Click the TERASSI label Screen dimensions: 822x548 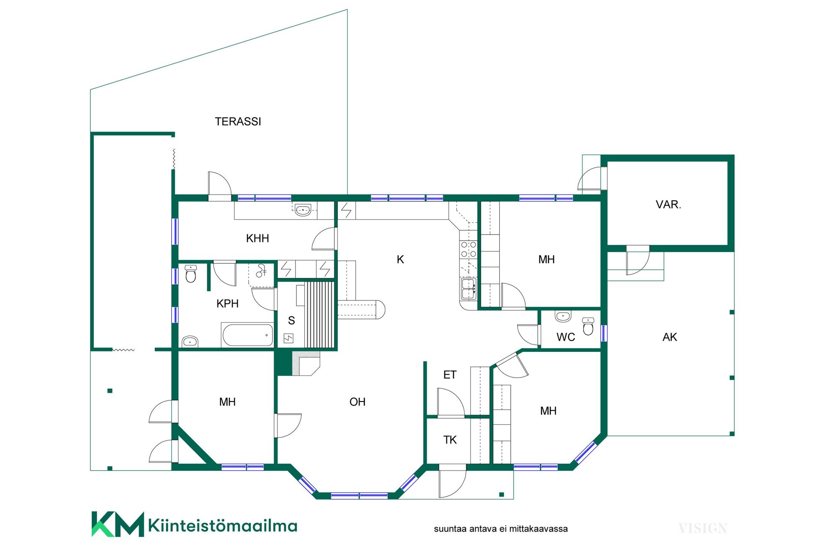pyautogui.click(x=238, y=122)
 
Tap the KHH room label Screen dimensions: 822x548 pyautogui.click(x=257, y=238)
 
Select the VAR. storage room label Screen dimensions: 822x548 pyautogui.click(x=668, y=205)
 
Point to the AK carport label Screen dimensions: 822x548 pyautogui.click(x=670, y=337)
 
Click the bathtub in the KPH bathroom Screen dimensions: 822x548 pyautogui.click(x=248, y=335)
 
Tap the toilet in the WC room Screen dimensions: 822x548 pyautogui.click(x=589, y=326)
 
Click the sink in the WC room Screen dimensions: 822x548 pyautogui.click(x=563, y=316)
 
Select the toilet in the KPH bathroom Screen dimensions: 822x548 pyautogui.click(x=191, y=274)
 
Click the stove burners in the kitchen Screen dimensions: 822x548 pyautogui.click(x=468, y=249)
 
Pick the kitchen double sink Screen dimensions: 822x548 pyautogui.click(x=468, y=289)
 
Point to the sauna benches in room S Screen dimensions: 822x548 pyautogui.click(x=319, y=314)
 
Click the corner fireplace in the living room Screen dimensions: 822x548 pyautogui.click(x=306, y=363)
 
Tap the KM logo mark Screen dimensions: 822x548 pyautogui.click(x=118, y=524)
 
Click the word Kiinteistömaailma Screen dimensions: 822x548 pyautogui.click(x=223, y=525)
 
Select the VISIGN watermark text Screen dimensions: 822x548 pyautogui.click(x=703, y=529)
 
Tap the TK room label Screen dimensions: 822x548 pyautogui.click(x=450, y=440)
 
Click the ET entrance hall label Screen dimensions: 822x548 pyautogui.click(x=450, y=375)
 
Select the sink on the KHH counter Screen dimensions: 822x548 pyautogui.click(x=303, y=210)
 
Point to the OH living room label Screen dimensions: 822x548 pyautogui.click(x=357, y=402)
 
